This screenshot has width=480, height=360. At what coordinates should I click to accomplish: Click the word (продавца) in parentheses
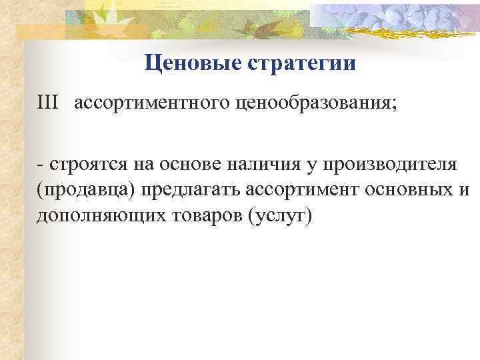point(86,191)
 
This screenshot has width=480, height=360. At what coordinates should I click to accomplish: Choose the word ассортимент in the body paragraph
point(305,191)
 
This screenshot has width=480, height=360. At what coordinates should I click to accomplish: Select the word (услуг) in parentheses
point(279,217)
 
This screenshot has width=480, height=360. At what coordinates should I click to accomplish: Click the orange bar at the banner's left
point(40,29)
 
